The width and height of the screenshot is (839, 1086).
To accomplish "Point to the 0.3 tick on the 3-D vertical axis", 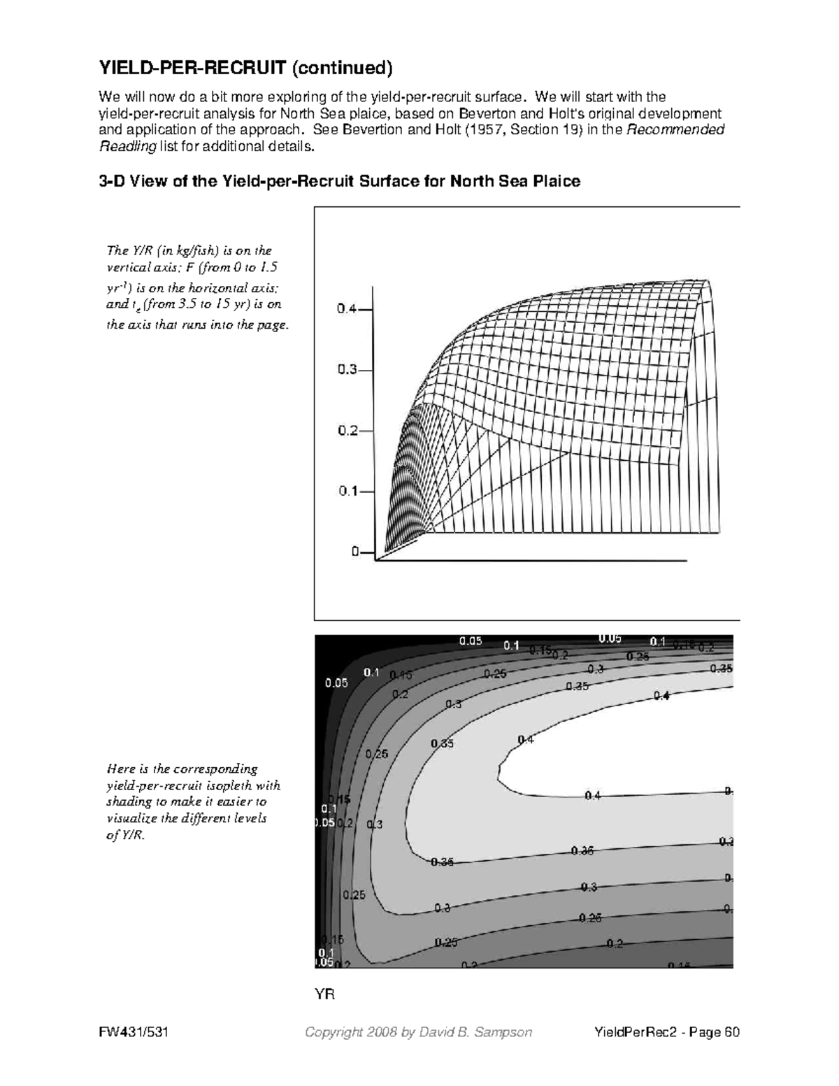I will coord(348,371).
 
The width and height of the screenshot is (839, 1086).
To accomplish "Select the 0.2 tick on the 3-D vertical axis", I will coord(348,431).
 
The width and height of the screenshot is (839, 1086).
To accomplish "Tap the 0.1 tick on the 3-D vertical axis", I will coord(348,491).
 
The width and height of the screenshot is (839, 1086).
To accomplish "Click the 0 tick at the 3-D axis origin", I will coord(355,551).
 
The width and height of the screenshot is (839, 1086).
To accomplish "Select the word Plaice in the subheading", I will coord(556,182).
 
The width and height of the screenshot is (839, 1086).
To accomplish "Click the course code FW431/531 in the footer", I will coord(136,1033).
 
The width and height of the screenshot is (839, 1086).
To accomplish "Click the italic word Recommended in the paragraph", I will coord(685,130).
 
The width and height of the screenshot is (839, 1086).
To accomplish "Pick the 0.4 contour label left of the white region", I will coord(526,739).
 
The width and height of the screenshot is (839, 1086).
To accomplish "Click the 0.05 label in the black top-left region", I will coord(336,683).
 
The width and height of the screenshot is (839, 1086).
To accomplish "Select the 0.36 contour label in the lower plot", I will coord(582,851).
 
